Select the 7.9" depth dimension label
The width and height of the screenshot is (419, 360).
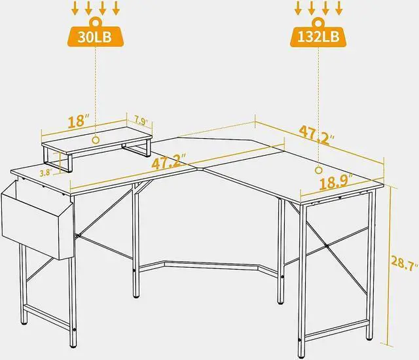point(141,121)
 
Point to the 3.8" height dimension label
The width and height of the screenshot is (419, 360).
point(45,173)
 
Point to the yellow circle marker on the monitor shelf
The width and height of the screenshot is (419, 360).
point(96,139)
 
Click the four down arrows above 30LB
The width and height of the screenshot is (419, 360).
point(96,9)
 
